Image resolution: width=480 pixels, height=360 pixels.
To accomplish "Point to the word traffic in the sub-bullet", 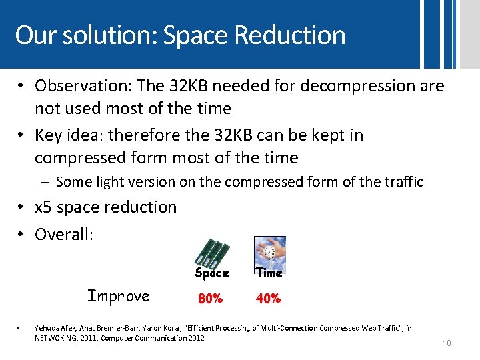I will tap(402, 181).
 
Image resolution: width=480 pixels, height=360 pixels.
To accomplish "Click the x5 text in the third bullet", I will tap(43, 207).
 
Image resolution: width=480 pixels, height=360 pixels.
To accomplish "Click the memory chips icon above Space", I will tap(212, 252).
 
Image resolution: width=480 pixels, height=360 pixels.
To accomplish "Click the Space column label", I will tap(212, 273).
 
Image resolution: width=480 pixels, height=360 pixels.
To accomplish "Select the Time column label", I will tap(269, 273).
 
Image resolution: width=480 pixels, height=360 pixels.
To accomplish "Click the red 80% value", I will tap(210, 299).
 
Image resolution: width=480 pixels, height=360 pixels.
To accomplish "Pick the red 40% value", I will tap(268, 299).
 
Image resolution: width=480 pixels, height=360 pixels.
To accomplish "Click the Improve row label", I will tap(119, 296).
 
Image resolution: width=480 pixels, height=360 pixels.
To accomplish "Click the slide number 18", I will tap(447, 343).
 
